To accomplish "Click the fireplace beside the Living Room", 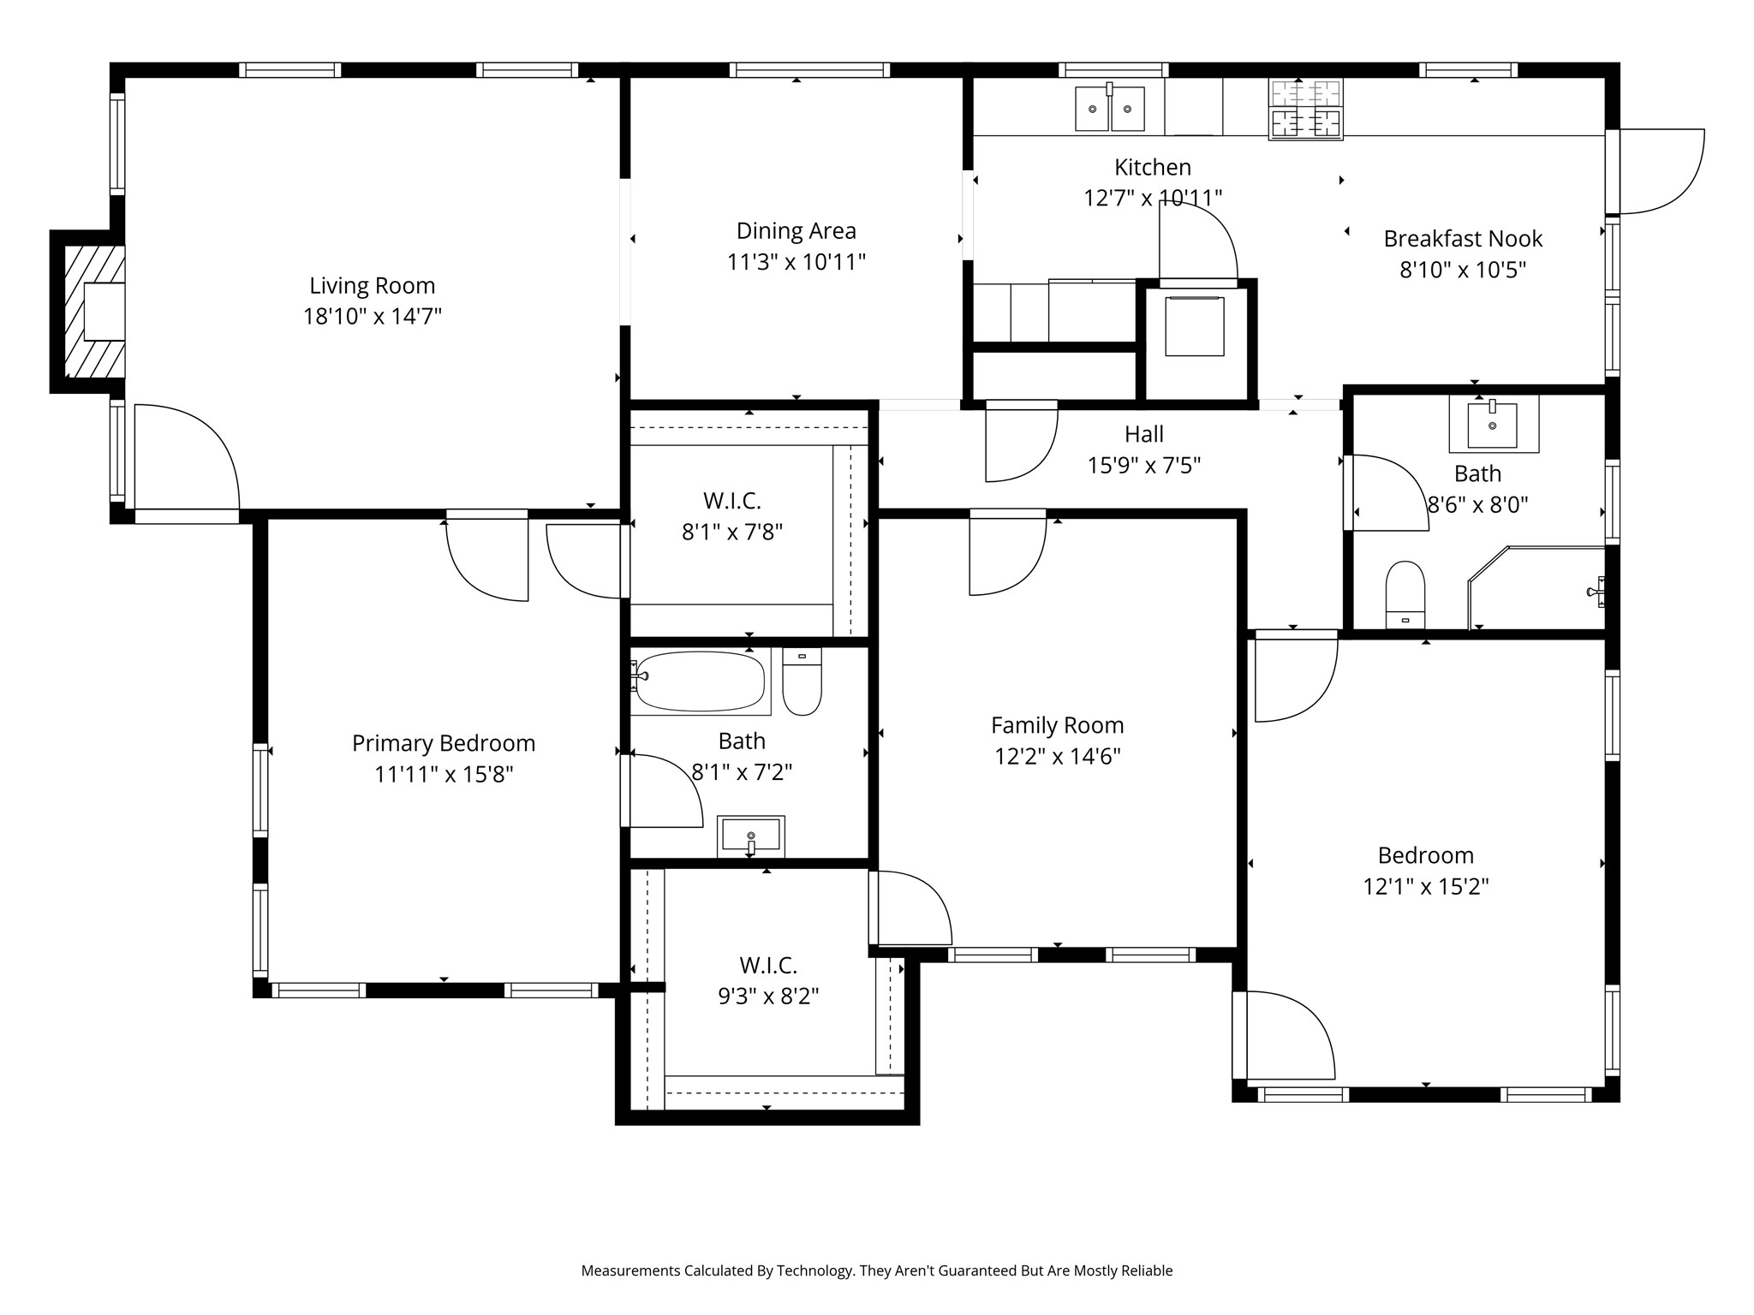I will (94, 312).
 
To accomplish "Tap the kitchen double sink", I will (1110, 109).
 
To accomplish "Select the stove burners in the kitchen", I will (1306, 109).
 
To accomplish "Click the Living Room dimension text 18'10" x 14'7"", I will (372, 317).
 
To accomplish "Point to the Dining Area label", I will (796, 231).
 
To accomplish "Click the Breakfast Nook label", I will (1463, 239).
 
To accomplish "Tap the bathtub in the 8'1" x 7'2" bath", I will (700, 681).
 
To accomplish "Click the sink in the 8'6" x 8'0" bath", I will (1493, 424).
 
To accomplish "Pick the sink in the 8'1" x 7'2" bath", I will (751, 836).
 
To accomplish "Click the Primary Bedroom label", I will (444, 743).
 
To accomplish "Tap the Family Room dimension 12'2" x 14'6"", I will (1057, 757).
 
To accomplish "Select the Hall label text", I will (1143, 435).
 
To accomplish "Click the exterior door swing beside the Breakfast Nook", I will (1657, 171).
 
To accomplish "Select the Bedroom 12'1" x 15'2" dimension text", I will (1425, 887).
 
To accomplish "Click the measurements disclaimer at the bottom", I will (876, 1270).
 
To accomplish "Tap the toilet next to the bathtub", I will (802, 681).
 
